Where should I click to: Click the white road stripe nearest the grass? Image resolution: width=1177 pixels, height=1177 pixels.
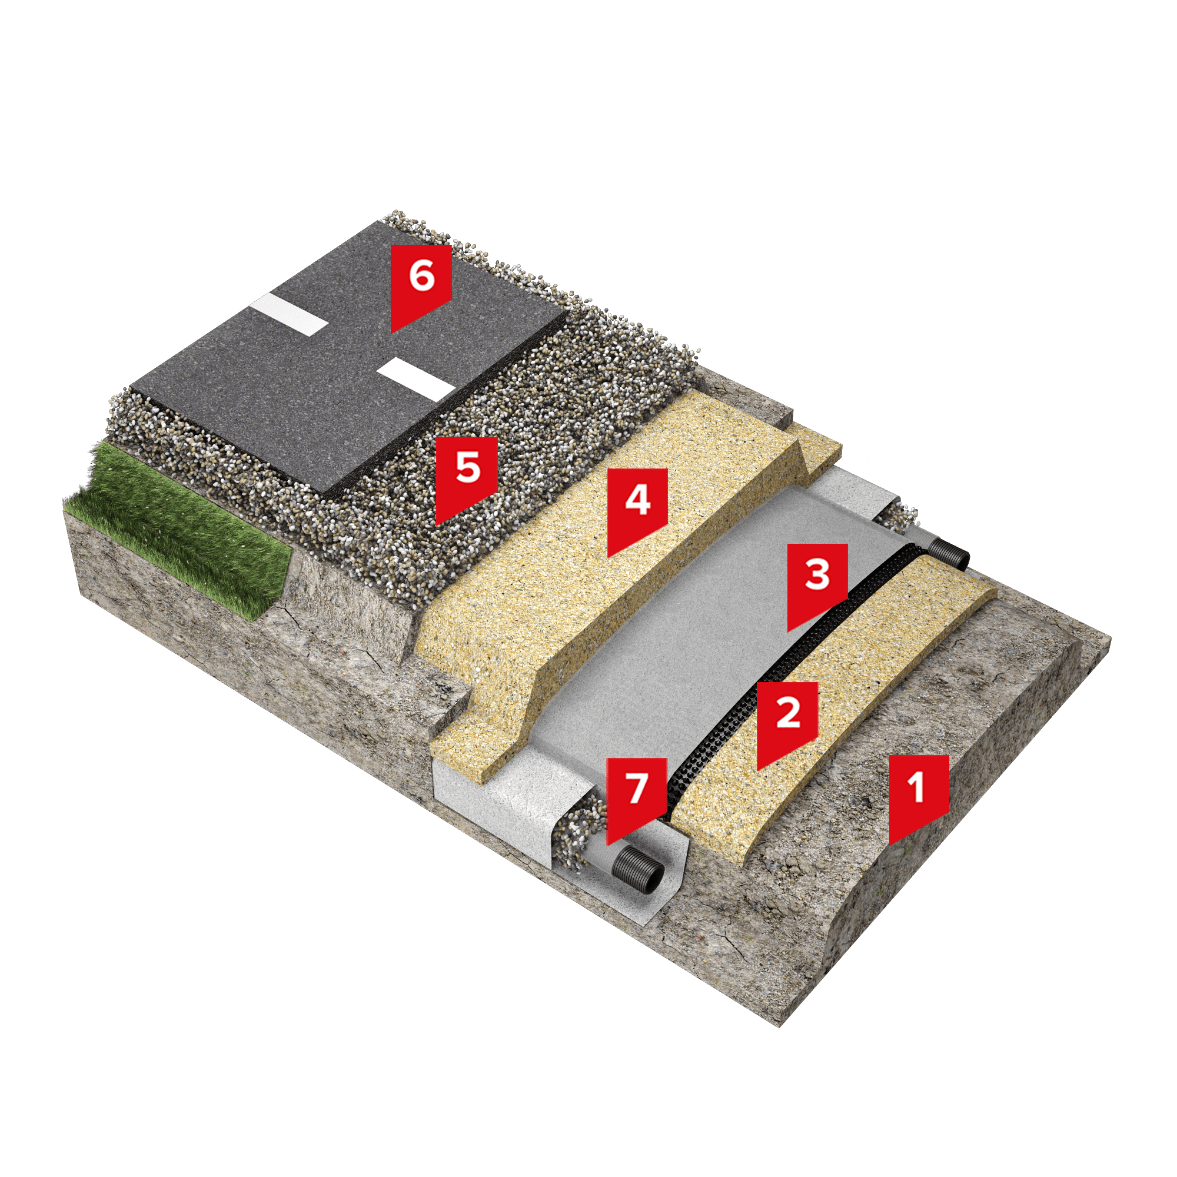290,314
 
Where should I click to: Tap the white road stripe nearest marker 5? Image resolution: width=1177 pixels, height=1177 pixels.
416,380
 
